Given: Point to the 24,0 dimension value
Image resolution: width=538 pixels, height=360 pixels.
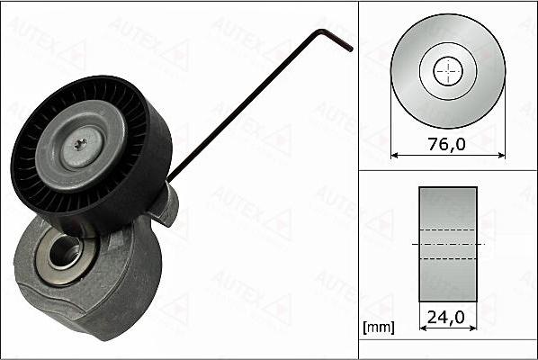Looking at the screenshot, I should pyautogui.click(x=447, y=318).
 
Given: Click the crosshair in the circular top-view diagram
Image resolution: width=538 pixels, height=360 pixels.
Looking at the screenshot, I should pyautogui.click(x=447, y=71).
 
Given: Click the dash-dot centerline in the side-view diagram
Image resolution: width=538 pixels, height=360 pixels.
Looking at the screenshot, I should pyautogui.click(x=447, y=244).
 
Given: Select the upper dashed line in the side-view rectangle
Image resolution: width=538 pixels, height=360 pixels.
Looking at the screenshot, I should pyautogui.click(x=447, y=230).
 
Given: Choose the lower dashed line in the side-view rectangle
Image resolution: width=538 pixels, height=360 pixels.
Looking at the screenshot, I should pyautogui.click(x=447, y=258).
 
